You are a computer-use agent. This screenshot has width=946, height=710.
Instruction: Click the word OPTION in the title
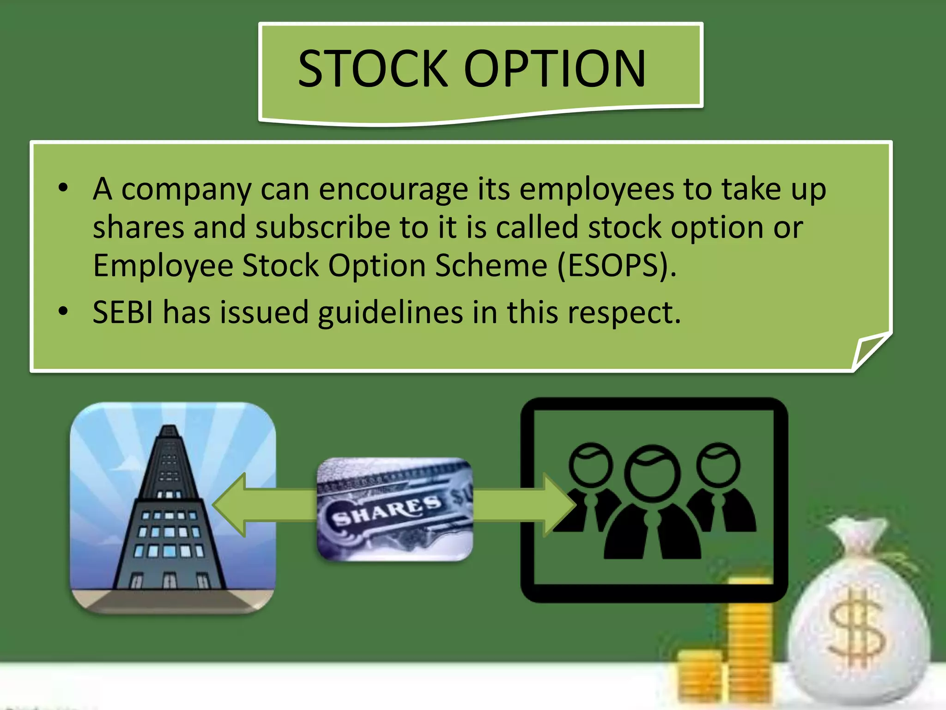click(554, 69)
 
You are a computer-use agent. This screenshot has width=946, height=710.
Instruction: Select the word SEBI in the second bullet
click(122, 312)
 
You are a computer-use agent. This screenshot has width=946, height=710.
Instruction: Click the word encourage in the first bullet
click(393, 190)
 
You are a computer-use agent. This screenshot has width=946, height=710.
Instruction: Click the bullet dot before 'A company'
click(63, 188)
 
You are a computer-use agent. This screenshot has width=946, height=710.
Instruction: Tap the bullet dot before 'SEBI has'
click(63, 311)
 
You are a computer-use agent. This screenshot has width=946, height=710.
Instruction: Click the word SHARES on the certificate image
click(386, 511)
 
